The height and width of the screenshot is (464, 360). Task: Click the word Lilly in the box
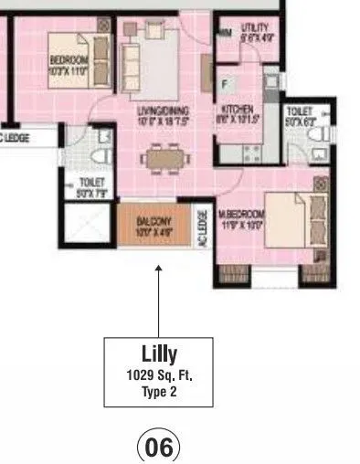point(159,353)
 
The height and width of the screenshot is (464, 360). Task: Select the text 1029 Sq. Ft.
point(159,374)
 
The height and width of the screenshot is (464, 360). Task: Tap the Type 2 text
point(159,391)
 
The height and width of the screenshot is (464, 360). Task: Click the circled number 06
point(159,448)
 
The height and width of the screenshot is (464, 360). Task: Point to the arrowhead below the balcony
point(159,269)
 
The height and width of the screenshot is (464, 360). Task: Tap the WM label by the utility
point(225,34)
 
